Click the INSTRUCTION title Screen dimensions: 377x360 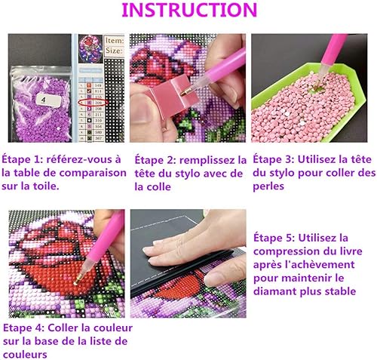click(x=189, y=10)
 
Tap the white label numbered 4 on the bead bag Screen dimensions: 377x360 click(x=48, y=100)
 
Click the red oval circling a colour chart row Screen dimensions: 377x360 click(x=93, y=103)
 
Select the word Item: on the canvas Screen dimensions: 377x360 click(x=115, y=41)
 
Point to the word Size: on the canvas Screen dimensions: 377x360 click(x=115, y=51)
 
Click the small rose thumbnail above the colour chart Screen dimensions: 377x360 click(x=90, y=48)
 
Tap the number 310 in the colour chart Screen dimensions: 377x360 click(x=98, y=121)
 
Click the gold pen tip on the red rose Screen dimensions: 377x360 click(x=78, y=279)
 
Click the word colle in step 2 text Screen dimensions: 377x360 click(x=153, y=187)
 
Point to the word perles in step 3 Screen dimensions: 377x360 click(x=268, y=187)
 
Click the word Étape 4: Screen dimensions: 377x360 click(x=24, y=328)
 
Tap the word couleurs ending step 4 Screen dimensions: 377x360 click(x=25, y=355)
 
